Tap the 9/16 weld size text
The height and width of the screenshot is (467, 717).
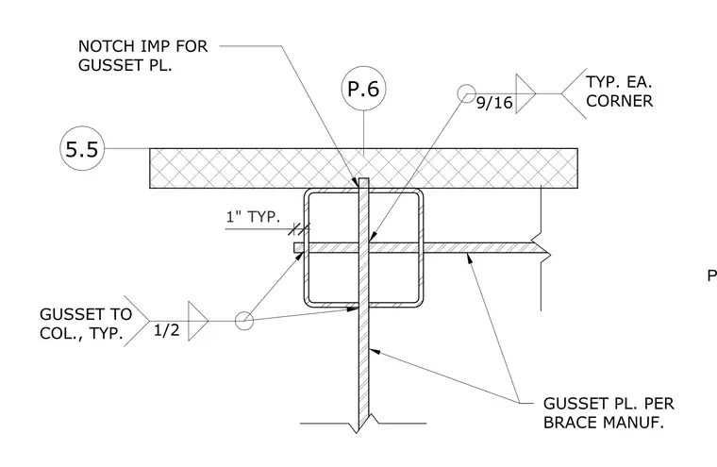494,103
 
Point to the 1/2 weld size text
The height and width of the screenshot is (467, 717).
166,330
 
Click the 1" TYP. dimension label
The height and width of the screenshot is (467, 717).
253,216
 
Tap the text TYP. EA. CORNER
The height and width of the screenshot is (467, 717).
619,92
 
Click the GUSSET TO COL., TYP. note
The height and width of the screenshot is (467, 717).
86,324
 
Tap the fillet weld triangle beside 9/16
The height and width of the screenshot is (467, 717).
525,93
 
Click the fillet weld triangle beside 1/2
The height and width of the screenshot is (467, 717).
198,321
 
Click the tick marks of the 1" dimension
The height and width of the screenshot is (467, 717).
299,228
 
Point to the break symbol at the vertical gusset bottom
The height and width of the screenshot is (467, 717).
363,424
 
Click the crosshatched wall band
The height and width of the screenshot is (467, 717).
363,168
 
